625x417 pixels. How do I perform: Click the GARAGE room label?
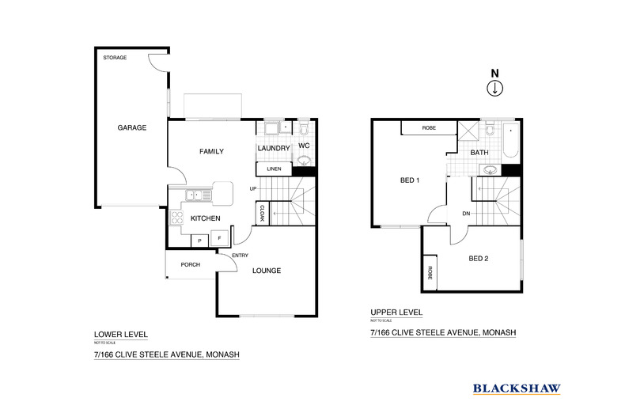pos(132,127)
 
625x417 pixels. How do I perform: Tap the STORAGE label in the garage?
pos(116,58)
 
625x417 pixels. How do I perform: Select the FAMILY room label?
pos(211,151)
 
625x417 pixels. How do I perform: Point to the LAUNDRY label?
pos(273,148)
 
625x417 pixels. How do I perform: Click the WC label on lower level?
pos(304,146)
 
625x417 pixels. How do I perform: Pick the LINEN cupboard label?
pos(274,169)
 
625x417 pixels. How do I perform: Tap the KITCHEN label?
pos(205,218)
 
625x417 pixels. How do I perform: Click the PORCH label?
pos(190,264)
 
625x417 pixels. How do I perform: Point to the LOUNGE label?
pos(267,271)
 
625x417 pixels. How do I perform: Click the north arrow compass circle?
pos(494,88)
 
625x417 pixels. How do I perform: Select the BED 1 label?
pos(408,180)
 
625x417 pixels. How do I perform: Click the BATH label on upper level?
pos(479,152)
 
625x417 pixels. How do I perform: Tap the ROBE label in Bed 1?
pos(429,127)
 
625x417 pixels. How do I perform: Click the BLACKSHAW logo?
pos(517,388)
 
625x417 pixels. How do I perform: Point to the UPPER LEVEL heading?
pos(396,313)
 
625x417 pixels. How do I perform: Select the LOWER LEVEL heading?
pos(120,335)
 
